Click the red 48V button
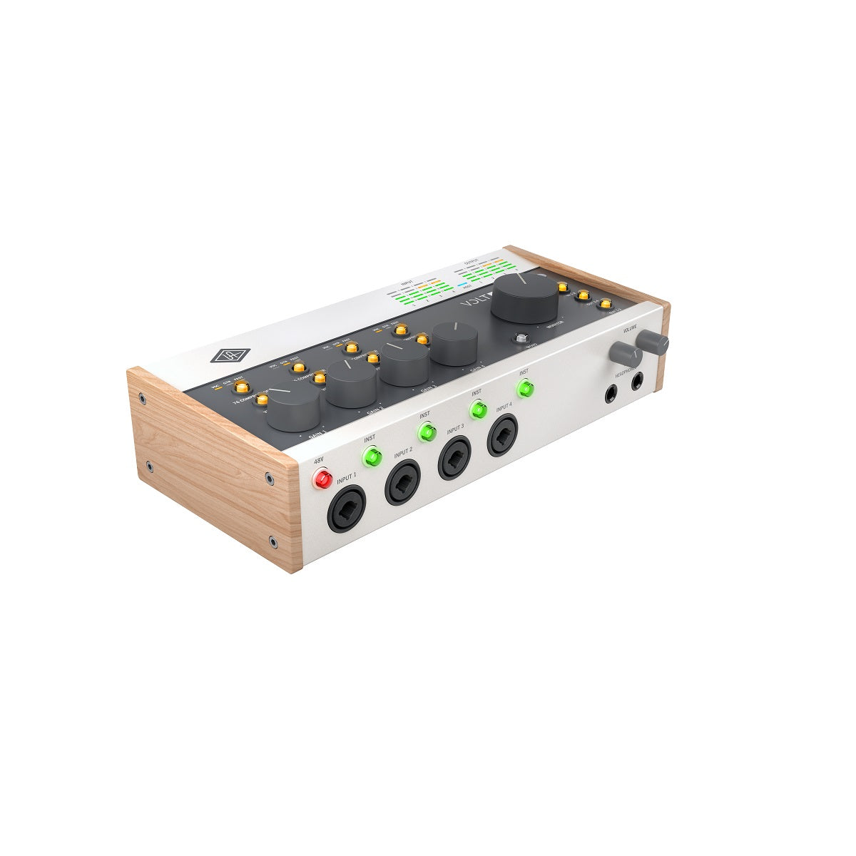coord(323,479)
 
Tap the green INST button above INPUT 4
coord(526,389)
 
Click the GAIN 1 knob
coord(294,404)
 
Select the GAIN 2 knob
coord(352,382)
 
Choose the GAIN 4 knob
coord(454,343)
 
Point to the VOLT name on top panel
coord(474,301)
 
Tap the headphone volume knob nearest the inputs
coord(623,353)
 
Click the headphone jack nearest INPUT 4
coord(611,393)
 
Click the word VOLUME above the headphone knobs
coord(629,330)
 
